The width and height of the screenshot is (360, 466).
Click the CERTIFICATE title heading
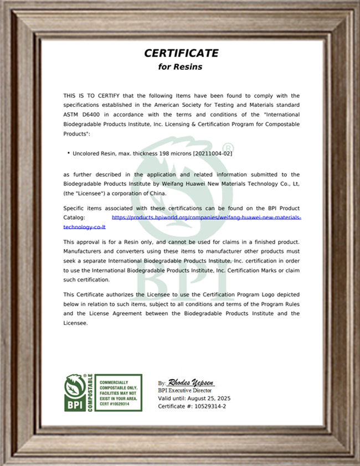181,53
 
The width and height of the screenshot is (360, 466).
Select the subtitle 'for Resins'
181,67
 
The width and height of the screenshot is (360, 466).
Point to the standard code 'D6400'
92,115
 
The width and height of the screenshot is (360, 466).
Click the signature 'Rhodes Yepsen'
191,382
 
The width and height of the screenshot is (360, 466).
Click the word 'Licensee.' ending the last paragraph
75,323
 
